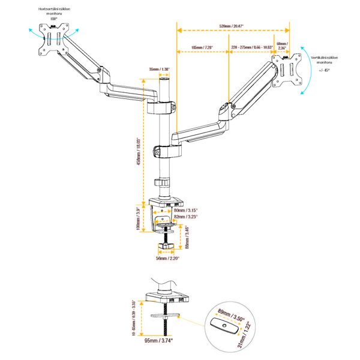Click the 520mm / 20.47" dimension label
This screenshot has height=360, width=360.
[232, 26]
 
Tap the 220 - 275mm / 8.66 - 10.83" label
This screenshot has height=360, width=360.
[252, 47]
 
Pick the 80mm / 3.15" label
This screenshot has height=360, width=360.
[185, 211]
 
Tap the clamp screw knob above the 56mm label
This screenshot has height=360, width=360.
[166, 246]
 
